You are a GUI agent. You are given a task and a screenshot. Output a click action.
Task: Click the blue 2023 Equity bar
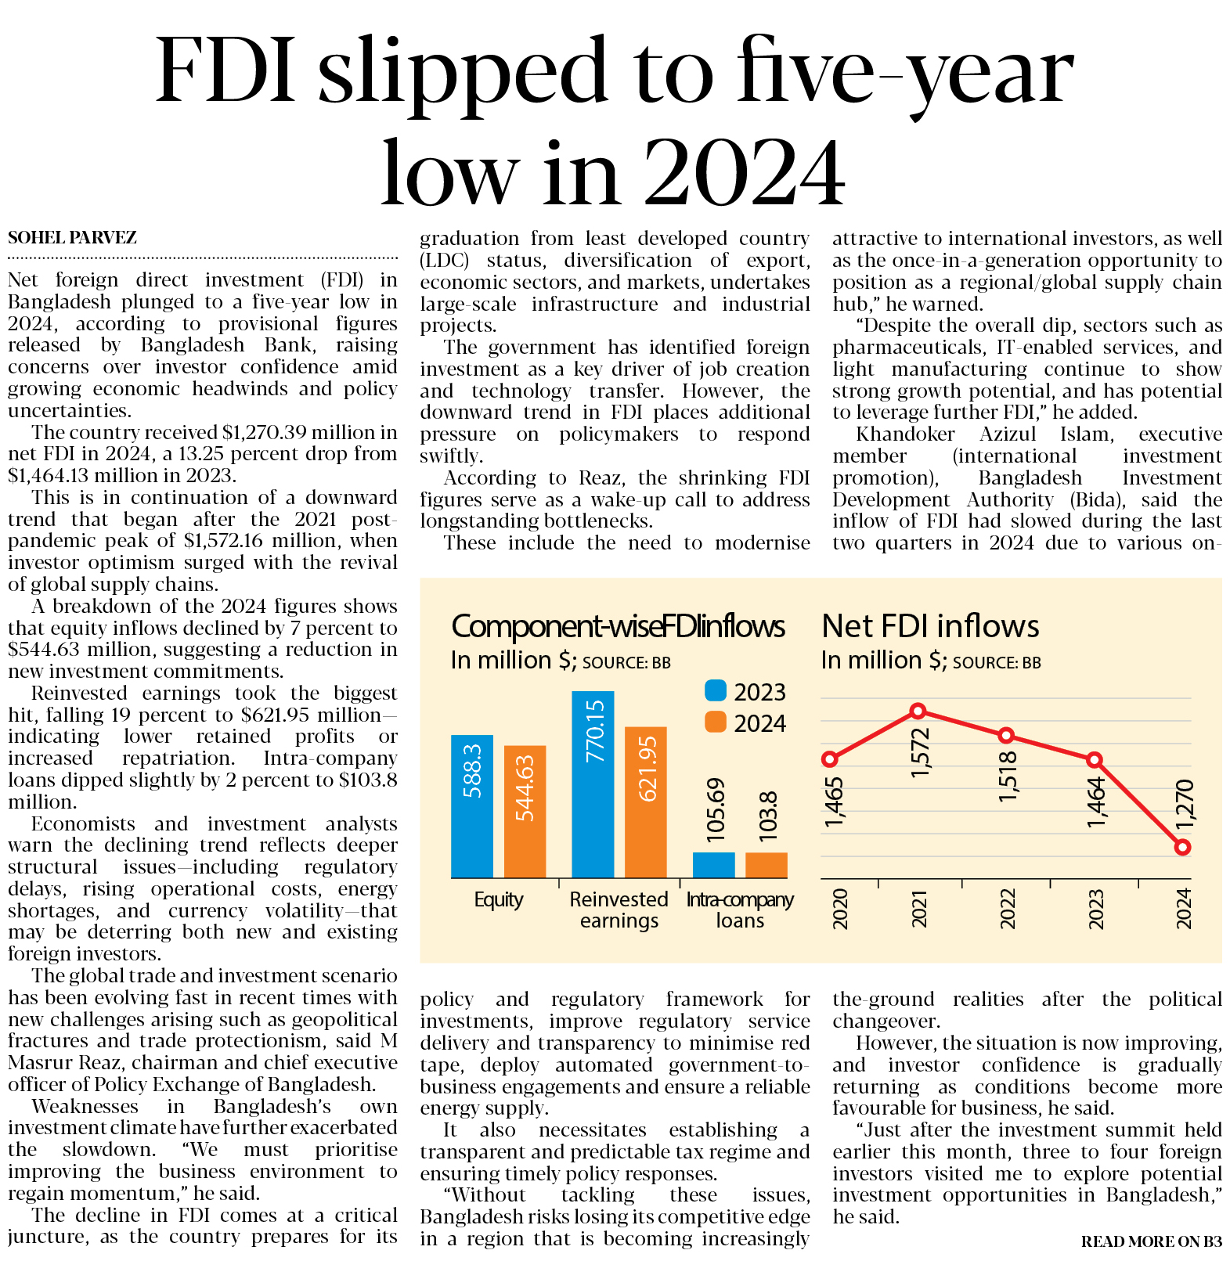coord(471,806)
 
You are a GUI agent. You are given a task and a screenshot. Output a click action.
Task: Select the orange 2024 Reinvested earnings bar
coord(646,802)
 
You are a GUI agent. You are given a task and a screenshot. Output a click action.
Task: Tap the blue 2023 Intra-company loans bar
coord(713,865)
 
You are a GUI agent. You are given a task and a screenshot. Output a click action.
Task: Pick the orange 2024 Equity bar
coord(525,812)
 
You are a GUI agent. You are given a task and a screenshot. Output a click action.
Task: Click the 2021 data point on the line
coord(918,711)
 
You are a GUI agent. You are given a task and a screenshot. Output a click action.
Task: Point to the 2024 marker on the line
coord(1182,847)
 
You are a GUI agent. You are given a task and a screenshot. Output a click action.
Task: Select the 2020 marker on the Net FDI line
coord(830,758)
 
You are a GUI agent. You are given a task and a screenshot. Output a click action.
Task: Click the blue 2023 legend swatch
coord(716,690)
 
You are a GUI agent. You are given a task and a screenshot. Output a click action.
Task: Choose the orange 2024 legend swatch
coord(716,722)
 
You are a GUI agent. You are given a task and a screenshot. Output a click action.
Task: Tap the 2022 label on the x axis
coord(1008,908)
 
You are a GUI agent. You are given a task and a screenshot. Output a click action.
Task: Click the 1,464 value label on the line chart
coord(1096,802)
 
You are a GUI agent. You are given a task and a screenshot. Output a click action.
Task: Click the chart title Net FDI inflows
coord(930,626)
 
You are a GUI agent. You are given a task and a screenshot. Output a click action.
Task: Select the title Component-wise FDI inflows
coord(618,626)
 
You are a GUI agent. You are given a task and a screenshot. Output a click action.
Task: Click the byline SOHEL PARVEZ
coord(72,237)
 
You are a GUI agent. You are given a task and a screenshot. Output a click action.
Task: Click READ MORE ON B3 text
coord(1151,1241)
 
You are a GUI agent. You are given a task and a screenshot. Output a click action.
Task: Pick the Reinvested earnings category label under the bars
coord(619,910)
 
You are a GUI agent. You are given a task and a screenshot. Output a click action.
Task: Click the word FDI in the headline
coord(226,72)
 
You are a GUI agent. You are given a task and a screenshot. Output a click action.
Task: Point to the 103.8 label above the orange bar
coord(768,816)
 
